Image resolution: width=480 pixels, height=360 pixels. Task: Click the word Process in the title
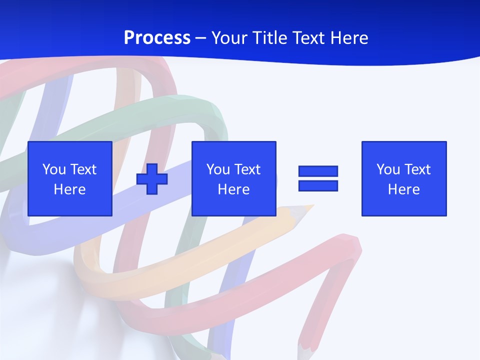pyautogui.click(x=157, y=38)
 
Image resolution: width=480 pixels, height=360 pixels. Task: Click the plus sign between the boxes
pyautogui.click(x=152, y=178)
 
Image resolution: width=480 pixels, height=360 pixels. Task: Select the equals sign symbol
pyautogui.click(x=318, y=178)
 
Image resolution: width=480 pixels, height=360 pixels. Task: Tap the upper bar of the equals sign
pyautogui.click(x=318, y=171)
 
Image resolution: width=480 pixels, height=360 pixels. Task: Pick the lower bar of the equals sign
pyautogui.click(x=318, y=185)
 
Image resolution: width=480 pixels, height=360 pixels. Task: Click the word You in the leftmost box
pyautogui.click(x=54, y=169)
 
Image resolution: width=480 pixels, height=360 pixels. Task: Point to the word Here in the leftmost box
pyautogui.click(x=70, y=189)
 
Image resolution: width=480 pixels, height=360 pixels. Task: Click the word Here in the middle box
pyautogui.click(x=234, y=189)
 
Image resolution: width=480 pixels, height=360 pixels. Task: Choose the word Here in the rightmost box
pyautogui.click(x=404, y=189)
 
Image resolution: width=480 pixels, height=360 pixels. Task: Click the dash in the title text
pyautogui.click(x=201, y=38)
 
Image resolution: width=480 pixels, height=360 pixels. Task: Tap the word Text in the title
pyautogui.click(x=307, y=38)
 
